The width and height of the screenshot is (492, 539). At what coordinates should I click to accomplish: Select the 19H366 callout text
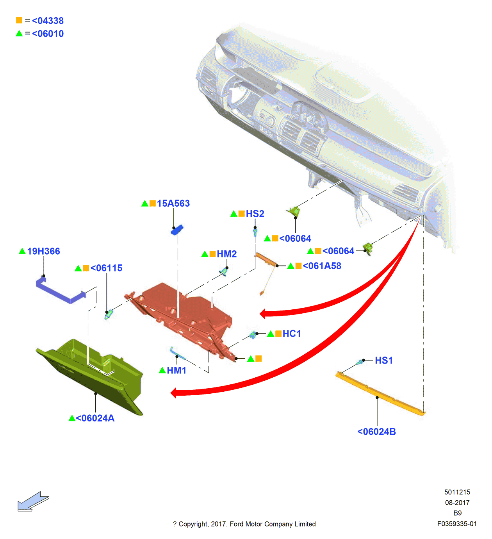[43, 251]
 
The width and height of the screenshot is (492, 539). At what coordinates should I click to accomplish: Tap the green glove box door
[90, 375]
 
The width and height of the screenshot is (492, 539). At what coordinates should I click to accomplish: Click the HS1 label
[383, 360]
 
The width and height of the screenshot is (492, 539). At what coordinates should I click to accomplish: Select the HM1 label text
[176, 370]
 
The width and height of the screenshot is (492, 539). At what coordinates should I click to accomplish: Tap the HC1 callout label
[292, 334]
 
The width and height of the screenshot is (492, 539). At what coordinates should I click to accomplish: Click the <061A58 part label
[322, 266]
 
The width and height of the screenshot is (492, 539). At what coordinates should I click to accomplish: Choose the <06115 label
[106, 268]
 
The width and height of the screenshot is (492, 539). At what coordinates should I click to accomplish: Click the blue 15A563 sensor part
[177, 230]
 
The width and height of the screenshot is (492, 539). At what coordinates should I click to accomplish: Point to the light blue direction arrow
[33, 502]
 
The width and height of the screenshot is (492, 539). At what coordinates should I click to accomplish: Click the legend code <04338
[48, 21]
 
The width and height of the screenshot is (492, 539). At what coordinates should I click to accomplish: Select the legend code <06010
[48, 34]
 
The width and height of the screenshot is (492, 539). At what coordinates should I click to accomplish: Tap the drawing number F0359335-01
[457, 524]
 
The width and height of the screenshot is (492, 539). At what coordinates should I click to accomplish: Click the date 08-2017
[457, 503]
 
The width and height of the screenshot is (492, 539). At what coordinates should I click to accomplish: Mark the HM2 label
[226, 254]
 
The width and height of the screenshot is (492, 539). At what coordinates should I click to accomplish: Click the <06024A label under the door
[95, 418]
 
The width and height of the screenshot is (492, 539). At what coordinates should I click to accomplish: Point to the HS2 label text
[255, 214]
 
